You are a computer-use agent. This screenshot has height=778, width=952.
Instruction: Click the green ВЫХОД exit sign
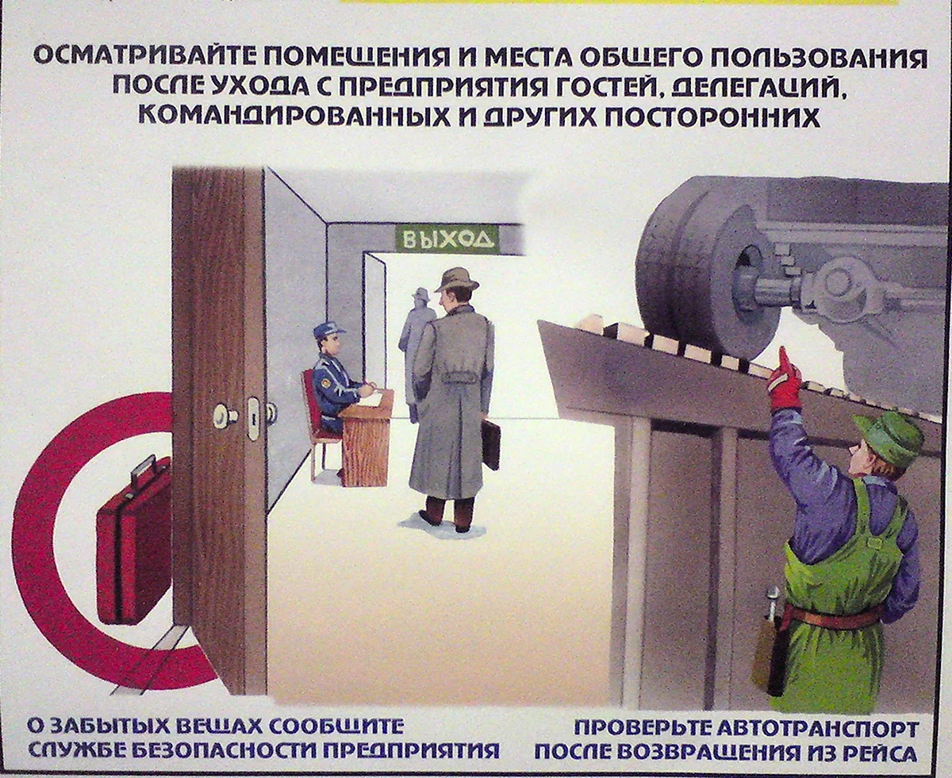click(x=447, y=239)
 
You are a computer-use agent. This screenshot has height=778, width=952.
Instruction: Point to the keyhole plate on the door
click(x=254, y=418)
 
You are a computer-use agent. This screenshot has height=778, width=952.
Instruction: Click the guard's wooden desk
click(x=365, y=437)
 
